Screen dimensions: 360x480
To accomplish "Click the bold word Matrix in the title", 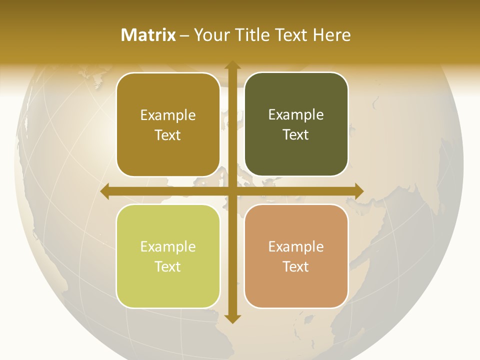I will (x=148, y=35).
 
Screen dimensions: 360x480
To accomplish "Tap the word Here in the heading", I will (x=331, y=35).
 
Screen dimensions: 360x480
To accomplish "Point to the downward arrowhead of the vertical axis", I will (x=232, y=318).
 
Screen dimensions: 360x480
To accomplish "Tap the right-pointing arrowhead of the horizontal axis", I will (x=358, y=191).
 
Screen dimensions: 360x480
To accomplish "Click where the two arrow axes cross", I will (x=232, y=191).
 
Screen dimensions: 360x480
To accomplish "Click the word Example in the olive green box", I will (x=296, y=115).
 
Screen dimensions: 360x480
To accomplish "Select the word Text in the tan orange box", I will (x=296, y=266).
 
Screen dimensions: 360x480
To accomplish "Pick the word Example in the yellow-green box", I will (x=168, y=246).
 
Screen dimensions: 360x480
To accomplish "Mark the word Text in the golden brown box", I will (x=168, y=135).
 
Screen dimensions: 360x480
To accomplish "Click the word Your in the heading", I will (x=210, y=35).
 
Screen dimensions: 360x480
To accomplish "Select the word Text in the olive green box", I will (x=296, y=134).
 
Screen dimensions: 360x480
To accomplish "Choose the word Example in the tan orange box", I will (x=296, y=246).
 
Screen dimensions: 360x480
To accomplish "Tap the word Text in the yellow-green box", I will (x=168, y=266).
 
